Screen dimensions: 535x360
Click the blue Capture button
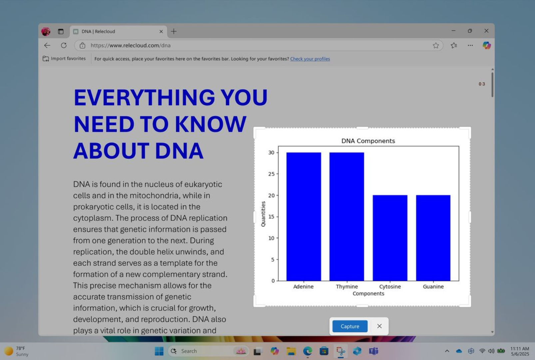[350, 326]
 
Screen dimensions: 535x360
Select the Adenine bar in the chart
[304, 217]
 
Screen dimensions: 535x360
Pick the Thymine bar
[347, 217]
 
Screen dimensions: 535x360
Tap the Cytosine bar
[390, 238]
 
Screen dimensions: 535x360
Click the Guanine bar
[433, 238]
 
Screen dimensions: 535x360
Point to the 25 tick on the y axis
[271, 174]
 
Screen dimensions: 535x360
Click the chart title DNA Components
[368, 141]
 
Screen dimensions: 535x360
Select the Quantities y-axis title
[263, 214]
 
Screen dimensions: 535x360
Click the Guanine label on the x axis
[433, 286]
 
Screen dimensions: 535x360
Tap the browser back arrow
[47, 45]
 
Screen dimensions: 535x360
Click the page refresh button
[64, 45]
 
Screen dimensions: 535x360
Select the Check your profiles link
[310, 59]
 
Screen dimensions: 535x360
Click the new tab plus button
[174, 31]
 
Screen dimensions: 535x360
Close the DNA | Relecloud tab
[161, 32]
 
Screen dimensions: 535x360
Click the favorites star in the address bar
[436, 45]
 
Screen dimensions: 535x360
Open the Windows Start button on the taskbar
[159, 351]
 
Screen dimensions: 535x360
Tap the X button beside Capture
[379, 326]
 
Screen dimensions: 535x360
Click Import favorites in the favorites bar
[64, 59]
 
